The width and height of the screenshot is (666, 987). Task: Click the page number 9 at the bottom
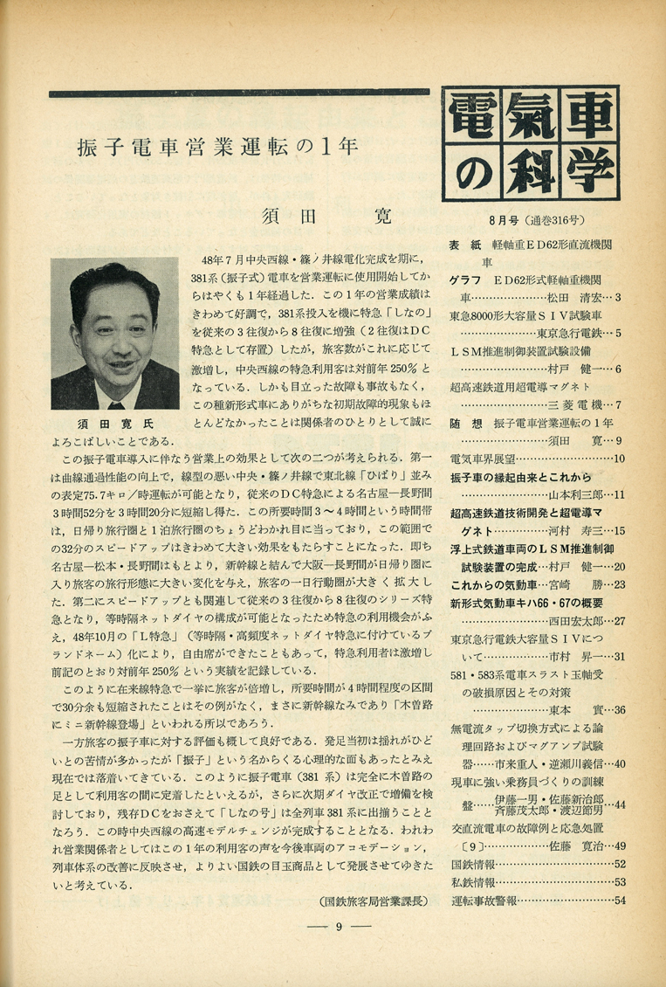pyautogui.click(x=336, y=928)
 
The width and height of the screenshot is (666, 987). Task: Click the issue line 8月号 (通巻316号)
pyautogui.click(x=533, y=219)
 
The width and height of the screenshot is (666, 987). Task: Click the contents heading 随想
pyautogui.click(x=461, y=423)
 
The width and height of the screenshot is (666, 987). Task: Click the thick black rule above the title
pyautogui.click(x=238, y=93)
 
